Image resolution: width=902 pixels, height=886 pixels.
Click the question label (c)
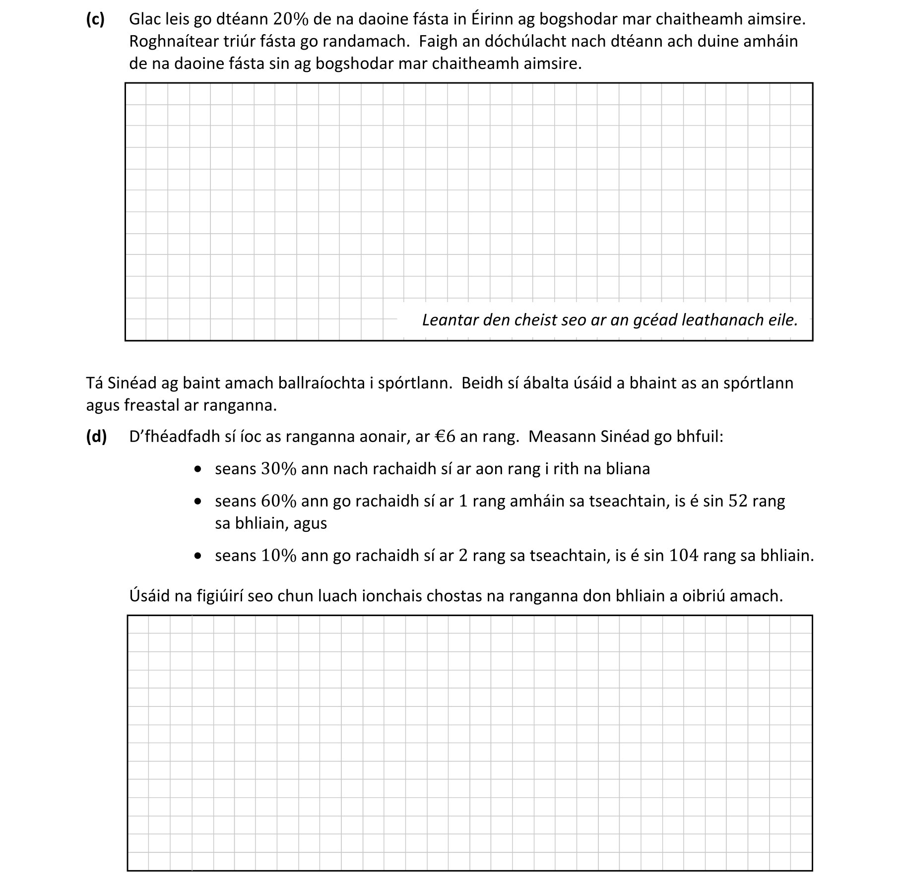pyautogui.click(x=95, y=19)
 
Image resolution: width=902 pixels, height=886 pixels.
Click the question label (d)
pyautogui.click(x=96, y=437)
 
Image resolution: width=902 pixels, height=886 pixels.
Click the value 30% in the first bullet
pyautogui.click(x=278, y=469)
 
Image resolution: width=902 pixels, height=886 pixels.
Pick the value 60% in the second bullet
pyautogui.click(x=278, y=502)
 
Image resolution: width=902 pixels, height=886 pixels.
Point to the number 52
pyautogui.click(x=738, y=502)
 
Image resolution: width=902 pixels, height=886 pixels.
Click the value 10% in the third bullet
pyautogui.click(x=278, y=556)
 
